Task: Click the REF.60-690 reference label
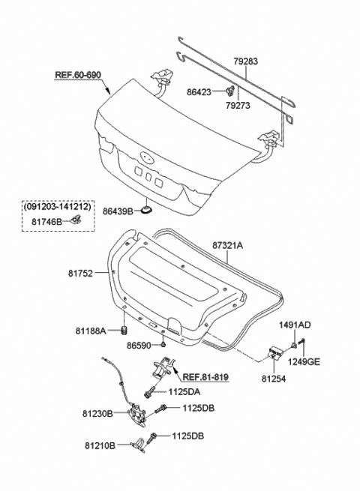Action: pyautogui.click(x=78, y=75)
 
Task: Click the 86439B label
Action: pyautogui.click(x=118, y=212)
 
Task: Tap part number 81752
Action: pyautogui.click(x=80, y=274)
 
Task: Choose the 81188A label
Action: pyautogui.click(x=91, y=331)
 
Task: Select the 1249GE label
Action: pyautogui.click(x=304, y=361)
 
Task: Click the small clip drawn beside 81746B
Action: pyautogui.click(x=76, y=219)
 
